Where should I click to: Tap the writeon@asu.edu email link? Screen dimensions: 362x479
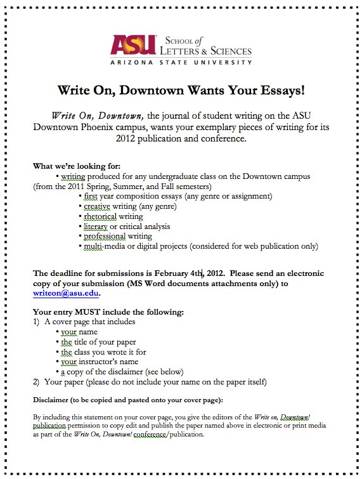pos(66,293)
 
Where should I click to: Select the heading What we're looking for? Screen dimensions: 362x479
pos(81,166)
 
